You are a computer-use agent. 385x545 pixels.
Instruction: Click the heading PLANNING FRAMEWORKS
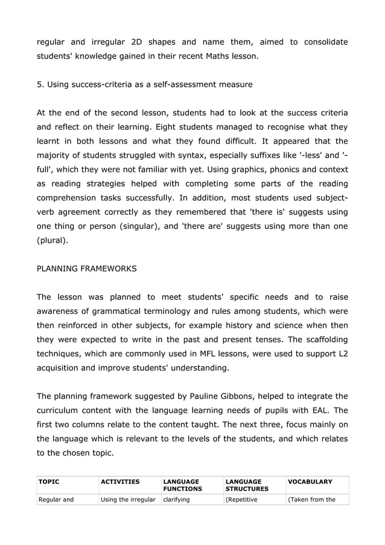[86, 269]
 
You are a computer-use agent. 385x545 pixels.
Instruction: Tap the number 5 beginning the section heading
[39, 84]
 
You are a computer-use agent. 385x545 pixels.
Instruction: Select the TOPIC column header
[49, 482]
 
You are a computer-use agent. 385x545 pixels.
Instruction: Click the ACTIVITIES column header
[119, 482]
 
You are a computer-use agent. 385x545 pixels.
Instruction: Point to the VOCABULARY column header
[310, 482]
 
